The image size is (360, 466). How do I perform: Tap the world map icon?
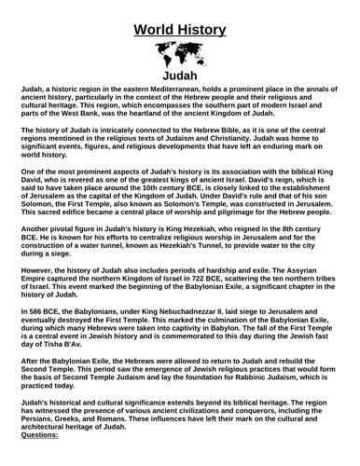[x=180, y=54]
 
